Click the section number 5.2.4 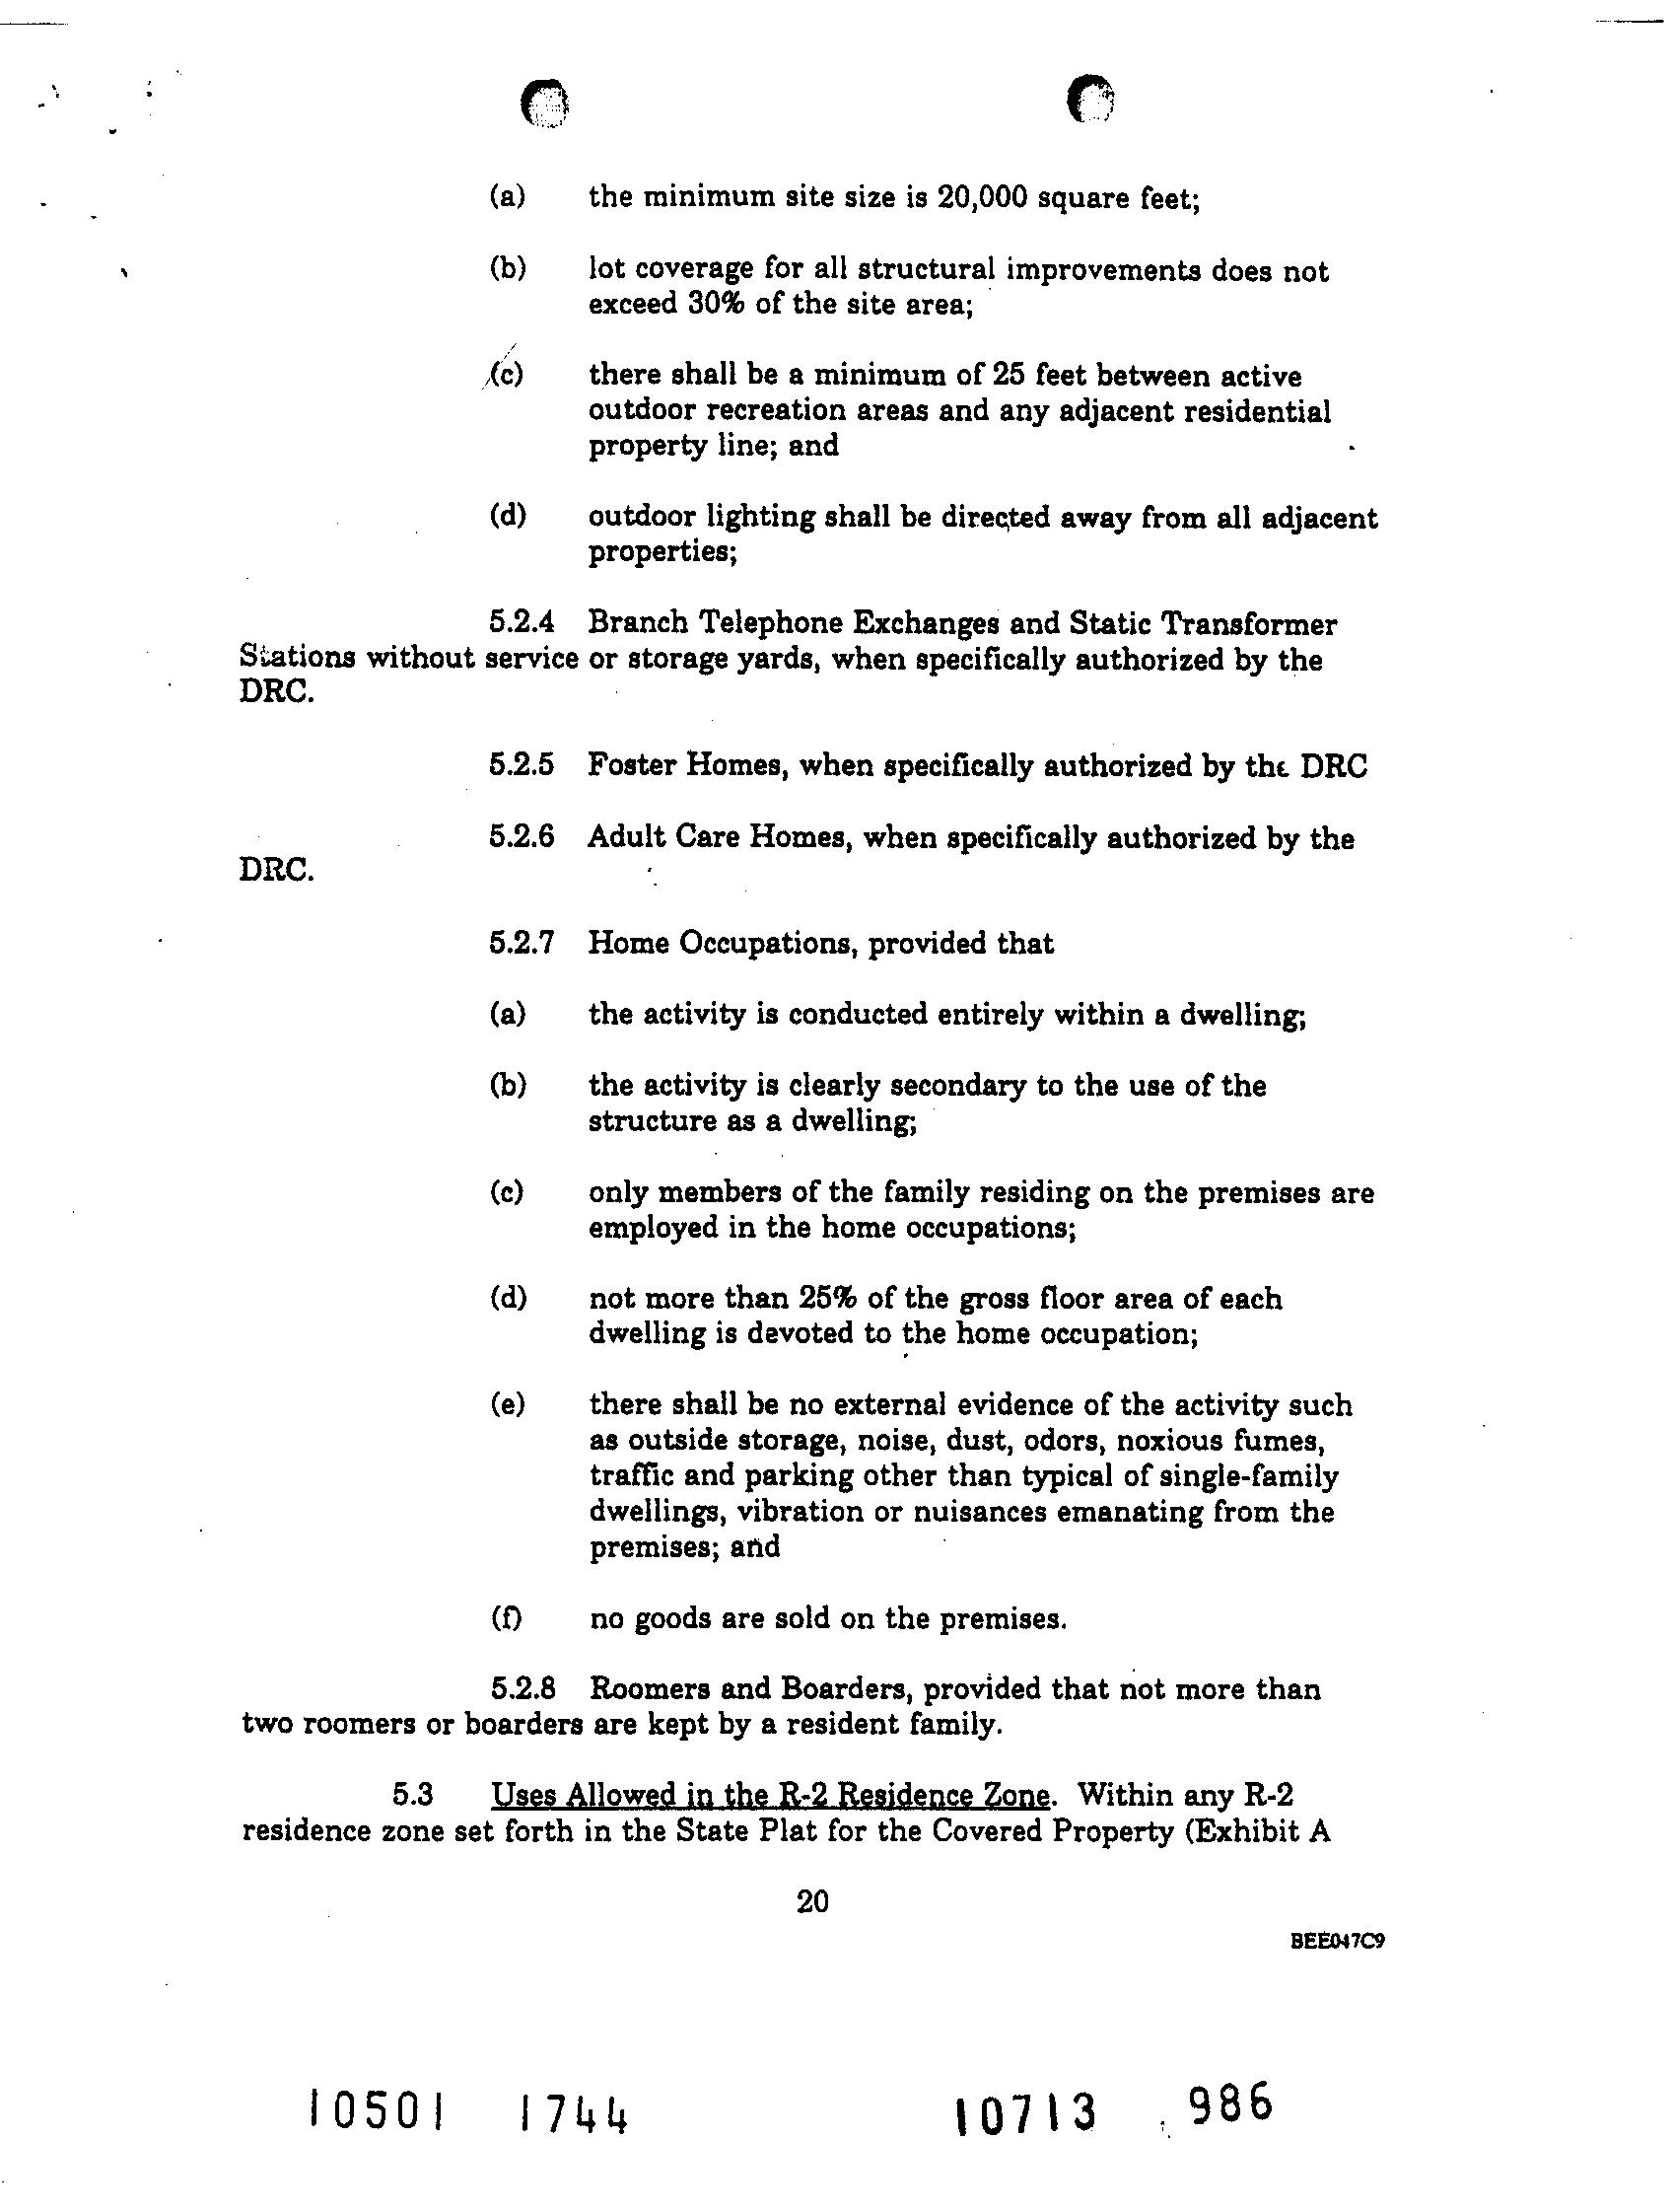click(521, 623)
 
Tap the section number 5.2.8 click(522, 1688)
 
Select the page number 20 click(812, 1901)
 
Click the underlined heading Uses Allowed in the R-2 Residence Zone click(769, 1796)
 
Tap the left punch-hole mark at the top click(544, 103)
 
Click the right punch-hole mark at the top click(1090, 101)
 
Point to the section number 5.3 click(411, 1796)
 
